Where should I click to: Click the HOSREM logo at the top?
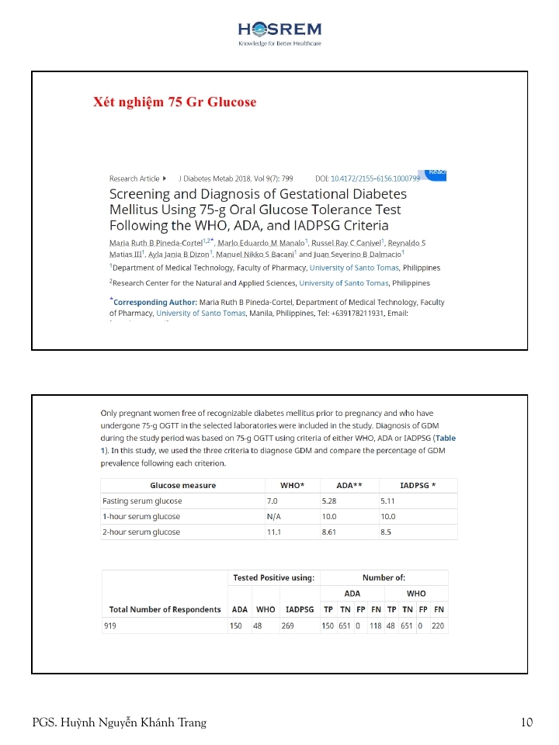tap(279, 32)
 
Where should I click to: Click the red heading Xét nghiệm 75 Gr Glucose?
tap(175, 102)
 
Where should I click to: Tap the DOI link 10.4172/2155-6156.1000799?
tap(375, 178)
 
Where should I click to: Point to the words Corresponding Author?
tap(154, 302)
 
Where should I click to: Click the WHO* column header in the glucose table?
tap(292, 486)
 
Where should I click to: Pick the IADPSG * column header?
tap(417, 486)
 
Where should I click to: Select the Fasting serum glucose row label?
tap(141, 501)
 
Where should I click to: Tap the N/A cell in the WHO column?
tap(273, 517)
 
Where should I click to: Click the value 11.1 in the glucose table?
tap(273, 532)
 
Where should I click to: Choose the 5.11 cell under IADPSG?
tap(388, 501)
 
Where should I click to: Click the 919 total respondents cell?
tap(109, 625)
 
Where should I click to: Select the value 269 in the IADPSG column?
tap(287, 625)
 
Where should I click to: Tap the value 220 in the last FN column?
tap(438, 625)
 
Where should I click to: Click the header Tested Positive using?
tap(274, 578)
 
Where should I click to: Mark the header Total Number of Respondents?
tap(165, 610)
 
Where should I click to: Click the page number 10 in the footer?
tap(527, 723)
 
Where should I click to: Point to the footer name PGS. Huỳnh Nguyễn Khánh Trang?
tap(120, 723)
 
